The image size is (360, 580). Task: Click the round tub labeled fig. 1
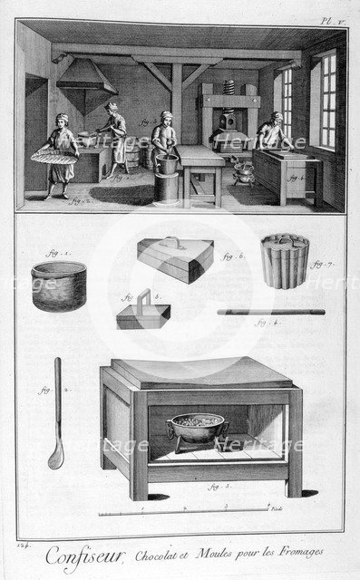tap(59, 286)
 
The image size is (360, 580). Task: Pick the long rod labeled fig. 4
tap(271, 312)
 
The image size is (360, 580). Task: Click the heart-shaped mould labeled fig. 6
tap(175, 259)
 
